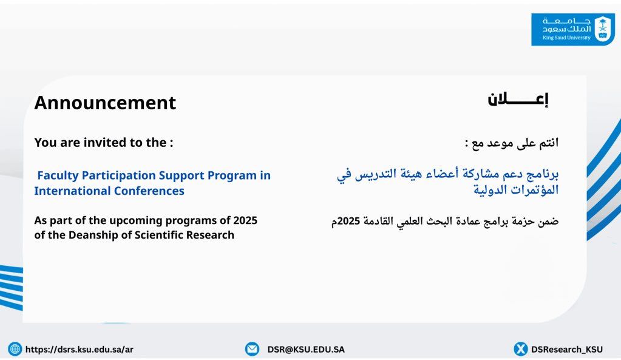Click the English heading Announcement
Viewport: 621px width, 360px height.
pos(105,103)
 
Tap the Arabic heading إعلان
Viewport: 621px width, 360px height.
pos(518,100)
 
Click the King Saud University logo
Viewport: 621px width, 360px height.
pos(572,29)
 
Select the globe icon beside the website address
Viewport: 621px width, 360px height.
pos(15,349)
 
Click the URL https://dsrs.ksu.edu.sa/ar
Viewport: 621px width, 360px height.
pos(79,349)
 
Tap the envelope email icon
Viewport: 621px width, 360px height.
pos(252,349)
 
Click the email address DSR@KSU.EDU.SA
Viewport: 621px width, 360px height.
pos(306,349)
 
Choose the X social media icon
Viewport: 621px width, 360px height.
pos(520,349)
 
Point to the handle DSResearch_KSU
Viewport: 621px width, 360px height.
pos(567,349)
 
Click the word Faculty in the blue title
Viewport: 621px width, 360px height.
pos(58,175)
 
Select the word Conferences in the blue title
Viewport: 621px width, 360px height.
pos(149,191)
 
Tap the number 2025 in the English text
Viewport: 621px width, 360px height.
pos(245,220)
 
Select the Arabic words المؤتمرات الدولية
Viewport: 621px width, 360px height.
pos(516,189)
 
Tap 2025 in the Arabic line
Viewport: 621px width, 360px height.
pos(349,220)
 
